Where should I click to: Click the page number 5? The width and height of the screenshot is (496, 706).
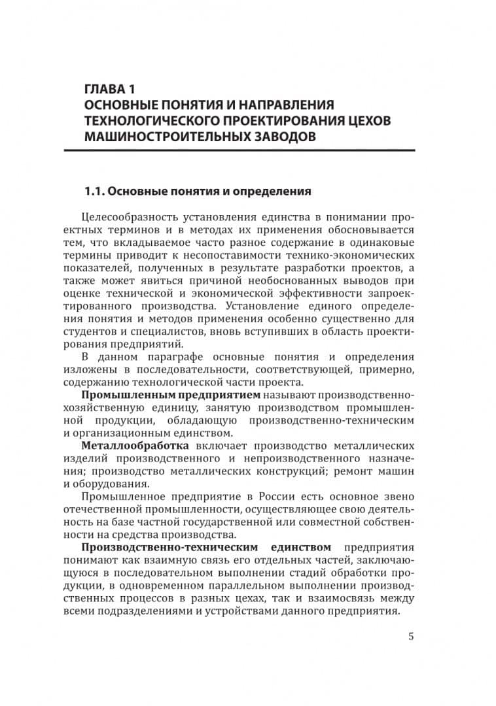(x=410, y=636)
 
